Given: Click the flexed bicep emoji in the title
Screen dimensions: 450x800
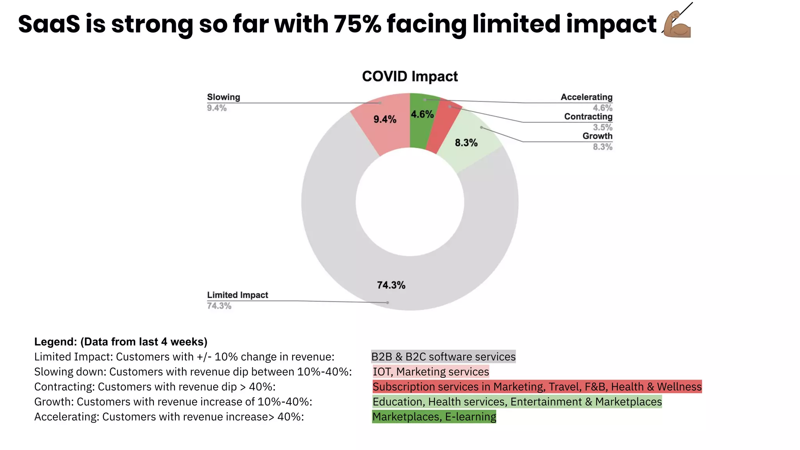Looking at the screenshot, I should (677, 25).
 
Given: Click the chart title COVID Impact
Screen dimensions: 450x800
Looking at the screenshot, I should (409, 77).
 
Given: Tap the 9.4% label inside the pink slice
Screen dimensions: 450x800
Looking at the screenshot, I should (385, 120).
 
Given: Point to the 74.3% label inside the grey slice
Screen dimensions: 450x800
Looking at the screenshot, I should (391, 285).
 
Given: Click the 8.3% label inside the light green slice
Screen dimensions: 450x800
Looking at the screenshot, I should (466, 143).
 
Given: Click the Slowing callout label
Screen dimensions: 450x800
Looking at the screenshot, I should (223, 97).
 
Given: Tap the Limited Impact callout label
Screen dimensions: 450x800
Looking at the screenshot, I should (237, 295).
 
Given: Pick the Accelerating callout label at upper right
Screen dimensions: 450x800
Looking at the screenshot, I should (586, 97).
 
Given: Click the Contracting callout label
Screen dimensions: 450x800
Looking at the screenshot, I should (588, 117).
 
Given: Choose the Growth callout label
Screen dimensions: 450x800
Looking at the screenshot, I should (597, 136).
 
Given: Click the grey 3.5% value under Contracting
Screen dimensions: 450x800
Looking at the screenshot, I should (602, 127).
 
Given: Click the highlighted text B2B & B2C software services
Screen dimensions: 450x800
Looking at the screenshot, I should (443, 357).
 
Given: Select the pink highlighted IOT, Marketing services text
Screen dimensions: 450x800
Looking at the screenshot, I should (431, 371).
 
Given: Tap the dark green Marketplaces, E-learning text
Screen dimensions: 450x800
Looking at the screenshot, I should (434, 417).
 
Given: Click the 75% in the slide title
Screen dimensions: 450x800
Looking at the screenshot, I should (357, 24).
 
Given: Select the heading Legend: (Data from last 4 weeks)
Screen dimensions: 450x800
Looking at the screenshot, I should (121, 342).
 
